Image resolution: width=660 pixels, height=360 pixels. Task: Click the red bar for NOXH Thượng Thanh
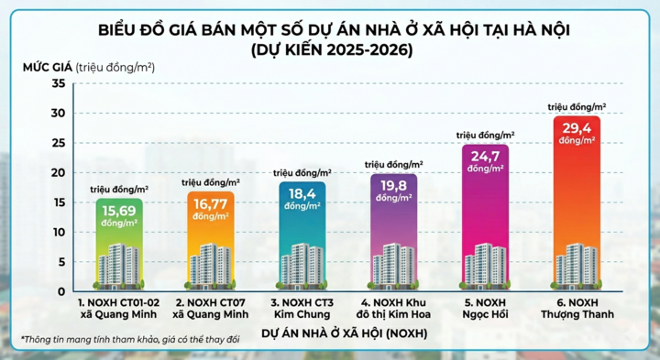[x=577, y=202]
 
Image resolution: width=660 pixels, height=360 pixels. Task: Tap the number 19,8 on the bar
[x=393, y=186]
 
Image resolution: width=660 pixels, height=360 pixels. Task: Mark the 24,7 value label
[x=485, y=157]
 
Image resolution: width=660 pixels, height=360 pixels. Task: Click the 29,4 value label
[x=577, y=129]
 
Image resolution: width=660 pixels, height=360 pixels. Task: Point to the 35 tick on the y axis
[x=59, y=83]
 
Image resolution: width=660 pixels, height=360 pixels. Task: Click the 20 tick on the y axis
[x=59, y=172]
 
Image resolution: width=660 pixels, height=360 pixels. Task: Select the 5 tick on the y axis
[x=61, y=262]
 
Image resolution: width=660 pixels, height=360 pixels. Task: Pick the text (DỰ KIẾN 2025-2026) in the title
[x=332, y=49]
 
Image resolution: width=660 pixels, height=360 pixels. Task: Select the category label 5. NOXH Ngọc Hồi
[x=485, y=307]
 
